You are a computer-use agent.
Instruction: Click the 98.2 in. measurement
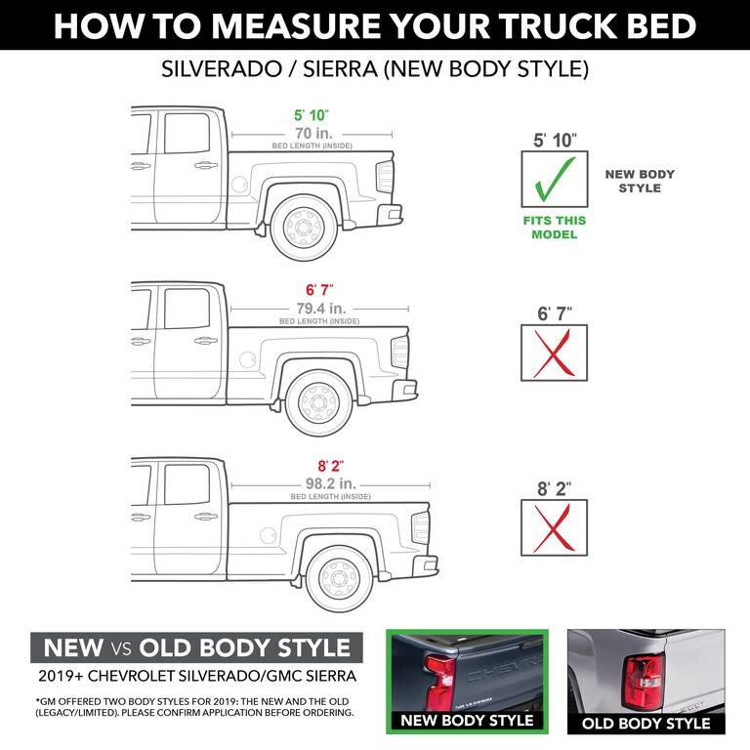tap(331, 483)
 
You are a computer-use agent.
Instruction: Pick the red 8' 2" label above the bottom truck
tap(331, 466)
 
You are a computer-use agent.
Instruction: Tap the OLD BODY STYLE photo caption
tap(646, 724)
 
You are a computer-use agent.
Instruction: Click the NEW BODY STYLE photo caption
tap(469, 721)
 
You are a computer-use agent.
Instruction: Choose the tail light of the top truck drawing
tap(385, 177)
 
